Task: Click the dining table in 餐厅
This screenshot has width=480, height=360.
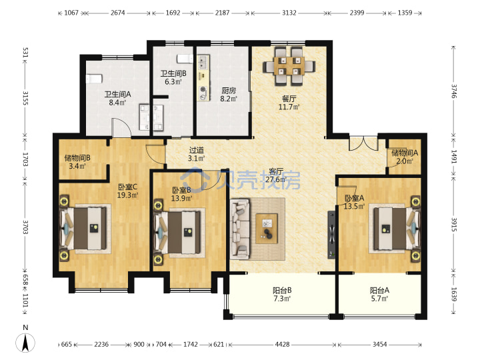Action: pos(289,66)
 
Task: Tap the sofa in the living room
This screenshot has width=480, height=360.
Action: pos(240,229)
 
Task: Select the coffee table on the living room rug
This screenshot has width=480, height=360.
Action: pos(267,229)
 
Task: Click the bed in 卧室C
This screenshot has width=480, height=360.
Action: pos(84,229)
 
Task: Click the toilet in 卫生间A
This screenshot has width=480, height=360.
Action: pos(94,79)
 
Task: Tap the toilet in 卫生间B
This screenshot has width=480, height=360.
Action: pos(185,59)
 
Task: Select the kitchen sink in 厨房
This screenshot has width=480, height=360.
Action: pos(203,63)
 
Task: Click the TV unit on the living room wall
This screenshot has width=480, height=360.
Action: pos(331,235)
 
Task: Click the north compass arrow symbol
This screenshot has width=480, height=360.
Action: pos(25,342)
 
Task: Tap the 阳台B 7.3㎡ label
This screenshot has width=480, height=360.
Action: pos(282,294)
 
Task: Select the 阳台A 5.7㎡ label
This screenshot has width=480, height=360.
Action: pos(379,294)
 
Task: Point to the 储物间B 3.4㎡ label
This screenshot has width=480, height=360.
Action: pos(77,162)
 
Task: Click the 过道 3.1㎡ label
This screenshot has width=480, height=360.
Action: pos(196,154)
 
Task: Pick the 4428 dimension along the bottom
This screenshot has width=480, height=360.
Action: pos(282,345)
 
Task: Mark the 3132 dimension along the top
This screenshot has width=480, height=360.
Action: pos(289,13)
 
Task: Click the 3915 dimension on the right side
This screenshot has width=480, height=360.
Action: pos(454,225)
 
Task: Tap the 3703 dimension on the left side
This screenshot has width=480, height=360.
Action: pos(25,227)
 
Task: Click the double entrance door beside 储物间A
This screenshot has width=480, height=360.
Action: pos(363,143)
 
